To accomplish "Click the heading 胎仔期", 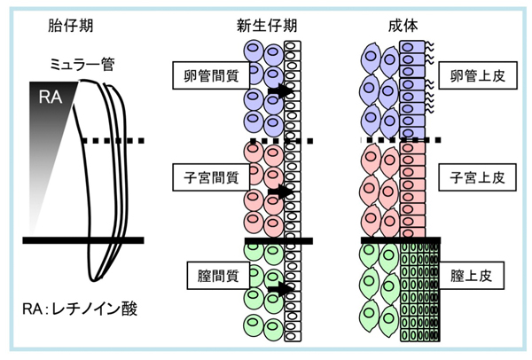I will point(66,26).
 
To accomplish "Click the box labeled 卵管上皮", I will point(475,77).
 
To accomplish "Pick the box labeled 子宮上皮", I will point(475,177).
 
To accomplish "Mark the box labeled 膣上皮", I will point(475,277).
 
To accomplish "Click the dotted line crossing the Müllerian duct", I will point(112,141).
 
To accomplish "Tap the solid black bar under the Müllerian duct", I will point(83,239).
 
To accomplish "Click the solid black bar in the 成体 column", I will point(400,239).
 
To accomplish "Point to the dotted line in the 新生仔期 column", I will point(283,141).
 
